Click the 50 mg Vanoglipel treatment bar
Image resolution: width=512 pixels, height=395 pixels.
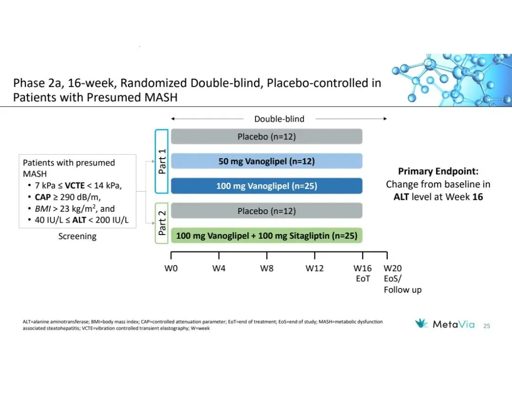coord(266,161)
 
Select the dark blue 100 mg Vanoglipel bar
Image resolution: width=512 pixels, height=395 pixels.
coord(266,186)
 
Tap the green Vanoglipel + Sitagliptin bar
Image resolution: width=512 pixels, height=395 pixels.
coord(266,235)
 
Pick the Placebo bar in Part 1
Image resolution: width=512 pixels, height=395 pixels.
coord(266,136)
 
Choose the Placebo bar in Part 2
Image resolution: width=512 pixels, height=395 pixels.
coord(266,211)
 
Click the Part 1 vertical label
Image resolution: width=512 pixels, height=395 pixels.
coord(162,161)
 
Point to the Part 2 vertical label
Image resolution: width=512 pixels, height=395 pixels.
coord(162,223)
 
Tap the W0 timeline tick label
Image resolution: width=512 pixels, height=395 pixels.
coord(171,268)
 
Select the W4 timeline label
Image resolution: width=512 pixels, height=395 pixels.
coord(219,268)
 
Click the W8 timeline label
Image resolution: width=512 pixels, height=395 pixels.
coord(266,268)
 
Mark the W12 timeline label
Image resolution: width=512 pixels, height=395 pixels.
coord(314,268)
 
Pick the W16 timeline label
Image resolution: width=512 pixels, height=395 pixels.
coord(363,268)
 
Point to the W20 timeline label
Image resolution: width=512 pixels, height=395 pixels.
coord(393,268)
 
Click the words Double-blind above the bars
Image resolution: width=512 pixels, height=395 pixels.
coord(279,119)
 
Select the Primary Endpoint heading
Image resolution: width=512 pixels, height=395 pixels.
coord(438,171)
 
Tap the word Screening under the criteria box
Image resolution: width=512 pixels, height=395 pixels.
coord(77,236)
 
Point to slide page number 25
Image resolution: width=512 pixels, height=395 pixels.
coord(487,326)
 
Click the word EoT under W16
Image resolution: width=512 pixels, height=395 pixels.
coord(363,278)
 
